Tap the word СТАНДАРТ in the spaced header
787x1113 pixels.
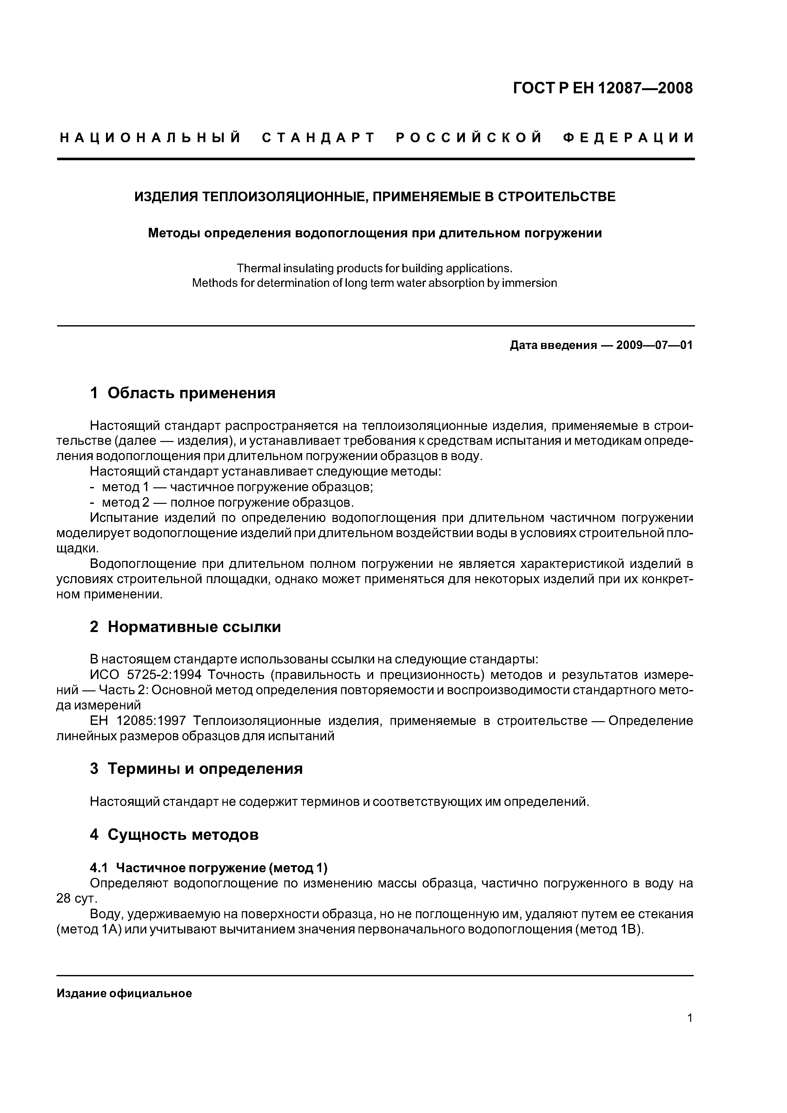(x=319, y=138)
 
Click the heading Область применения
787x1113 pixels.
(x=191, y=393)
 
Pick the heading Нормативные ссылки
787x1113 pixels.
(x=194, y=627)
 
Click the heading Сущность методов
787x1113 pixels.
(x=183, y=835)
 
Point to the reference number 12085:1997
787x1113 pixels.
(x=151, y=721)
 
